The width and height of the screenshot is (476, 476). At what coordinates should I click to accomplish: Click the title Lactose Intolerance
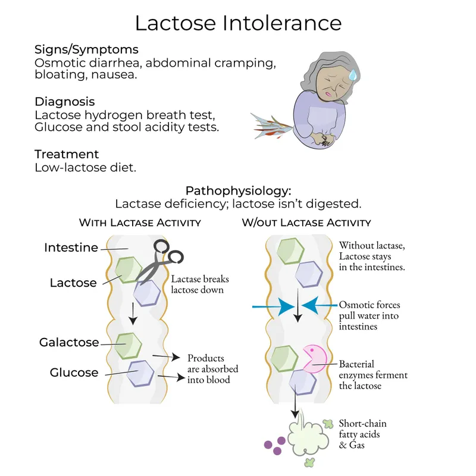point(238,23)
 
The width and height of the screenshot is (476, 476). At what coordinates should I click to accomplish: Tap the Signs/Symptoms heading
point(86,49)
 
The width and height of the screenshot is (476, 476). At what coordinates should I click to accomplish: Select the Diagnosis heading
point(64,102)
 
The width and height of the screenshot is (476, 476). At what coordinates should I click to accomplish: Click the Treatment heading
point(66,154)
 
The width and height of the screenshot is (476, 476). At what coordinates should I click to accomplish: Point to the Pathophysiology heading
point(238,191)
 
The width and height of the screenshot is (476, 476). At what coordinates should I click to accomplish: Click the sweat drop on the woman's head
point(352,74)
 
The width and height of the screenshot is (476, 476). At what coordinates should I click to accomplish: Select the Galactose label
point(68,343)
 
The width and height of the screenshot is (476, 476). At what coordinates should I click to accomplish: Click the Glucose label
point(74,372)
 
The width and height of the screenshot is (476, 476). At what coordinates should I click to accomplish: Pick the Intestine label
point(71,248)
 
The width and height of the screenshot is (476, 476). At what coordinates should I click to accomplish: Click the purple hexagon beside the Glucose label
point(140,374)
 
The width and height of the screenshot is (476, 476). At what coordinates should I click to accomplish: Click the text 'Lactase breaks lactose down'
point(200,284)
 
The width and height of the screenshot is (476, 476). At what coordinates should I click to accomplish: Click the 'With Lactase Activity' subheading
point(140,223)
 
